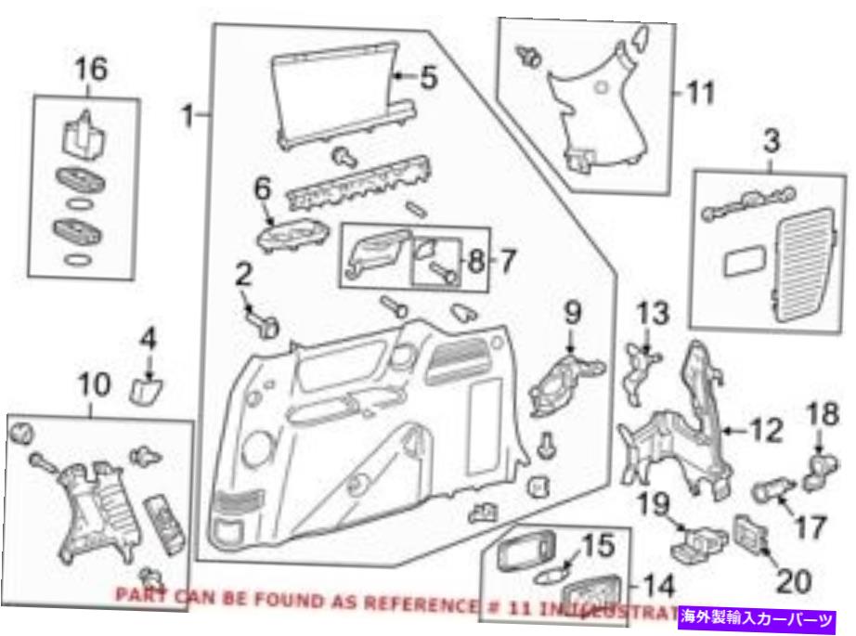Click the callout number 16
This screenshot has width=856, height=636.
coord(91,69)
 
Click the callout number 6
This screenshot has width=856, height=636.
coord(263,188)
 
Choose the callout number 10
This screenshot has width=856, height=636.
coord(96,384)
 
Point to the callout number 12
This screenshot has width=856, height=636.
coord(766,430)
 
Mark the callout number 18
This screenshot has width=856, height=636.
coord(823,412)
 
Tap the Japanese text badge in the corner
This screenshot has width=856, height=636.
coord(760,616)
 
